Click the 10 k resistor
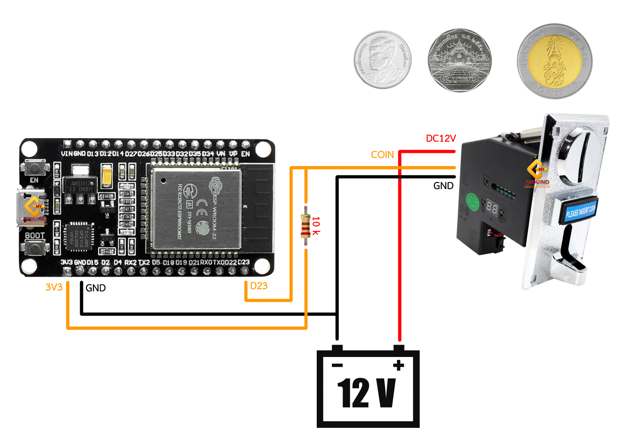pos(305,226)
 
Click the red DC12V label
pos(441,139)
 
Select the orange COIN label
pos(382,155)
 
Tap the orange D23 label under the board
pos(259,286)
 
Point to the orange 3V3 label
pos(54,288)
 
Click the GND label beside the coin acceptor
pos(443,186)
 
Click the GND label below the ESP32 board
pos(95,288)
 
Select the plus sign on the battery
pos(399,365)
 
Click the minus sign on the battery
pos(337,365)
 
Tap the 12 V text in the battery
pos(366,393)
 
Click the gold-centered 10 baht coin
pos(554,61)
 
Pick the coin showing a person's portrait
pos(383,60)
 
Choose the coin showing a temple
pos(459,60)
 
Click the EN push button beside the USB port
pos(35,168)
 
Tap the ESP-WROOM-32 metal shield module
pos(197,210)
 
